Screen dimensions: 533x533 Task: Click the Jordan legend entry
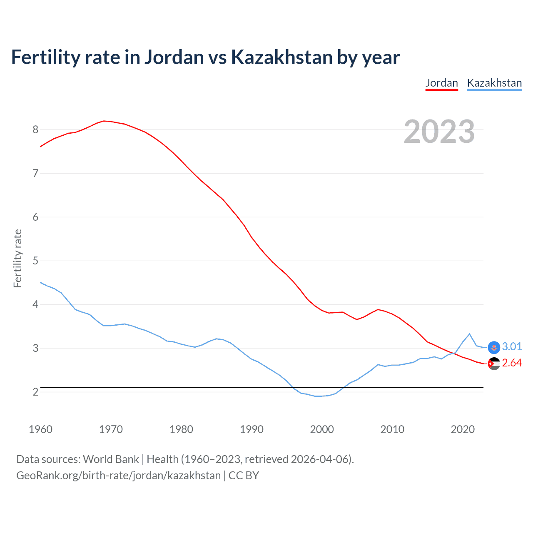click(x=441, y=83)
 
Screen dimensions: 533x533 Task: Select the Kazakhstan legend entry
click(x=494, y=83)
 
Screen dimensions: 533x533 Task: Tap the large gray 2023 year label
click(x=439, y=132)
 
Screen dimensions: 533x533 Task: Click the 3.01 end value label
click(x=512, y=346)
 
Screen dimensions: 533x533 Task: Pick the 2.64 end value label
click(x=512, y=363)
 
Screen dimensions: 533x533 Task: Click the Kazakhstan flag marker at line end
click(x=494, y=347)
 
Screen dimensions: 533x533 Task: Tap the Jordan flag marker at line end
click(x=494, y=364)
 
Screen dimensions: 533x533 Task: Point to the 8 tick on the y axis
click(x=35, y=130)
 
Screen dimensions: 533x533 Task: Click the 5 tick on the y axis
click(x=35, y=261)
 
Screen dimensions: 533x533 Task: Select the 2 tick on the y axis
click(x=35, y=392)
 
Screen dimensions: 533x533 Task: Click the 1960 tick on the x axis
click(x=40, y=429)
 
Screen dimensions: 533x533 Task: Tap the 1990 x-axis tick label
click(x=252, y=429)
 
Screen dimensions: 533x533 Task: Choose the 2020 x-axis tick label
click(x=463, y=429)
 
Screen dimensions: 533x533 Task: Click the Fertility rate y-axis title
click(x=17, y=258)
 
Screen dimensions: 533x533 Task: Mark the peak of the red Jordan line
click(x=104, y=121)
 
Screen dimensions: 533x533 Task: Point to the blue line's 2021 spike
click(x=469, y=334)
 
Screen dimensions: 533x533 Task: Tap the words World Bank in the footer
click(x=111, y=459)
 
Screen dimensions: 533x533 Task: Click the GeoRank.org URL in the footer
click(x=118, y=476)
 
